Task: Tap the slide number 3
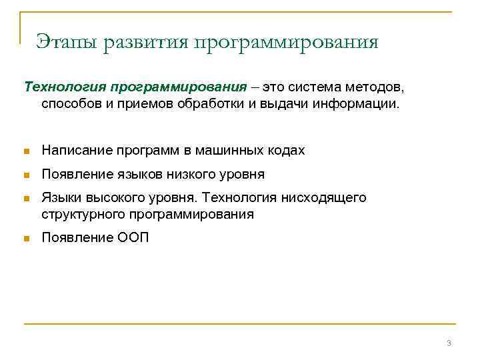point(449,343)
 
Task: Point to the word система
point(319,87)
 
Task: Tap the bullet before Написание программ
point(27,151)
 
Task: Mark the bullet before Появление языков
point(27,175)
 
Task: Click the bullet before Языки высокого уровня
point(27,199)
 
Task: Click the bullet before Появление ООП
point(27,239)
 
